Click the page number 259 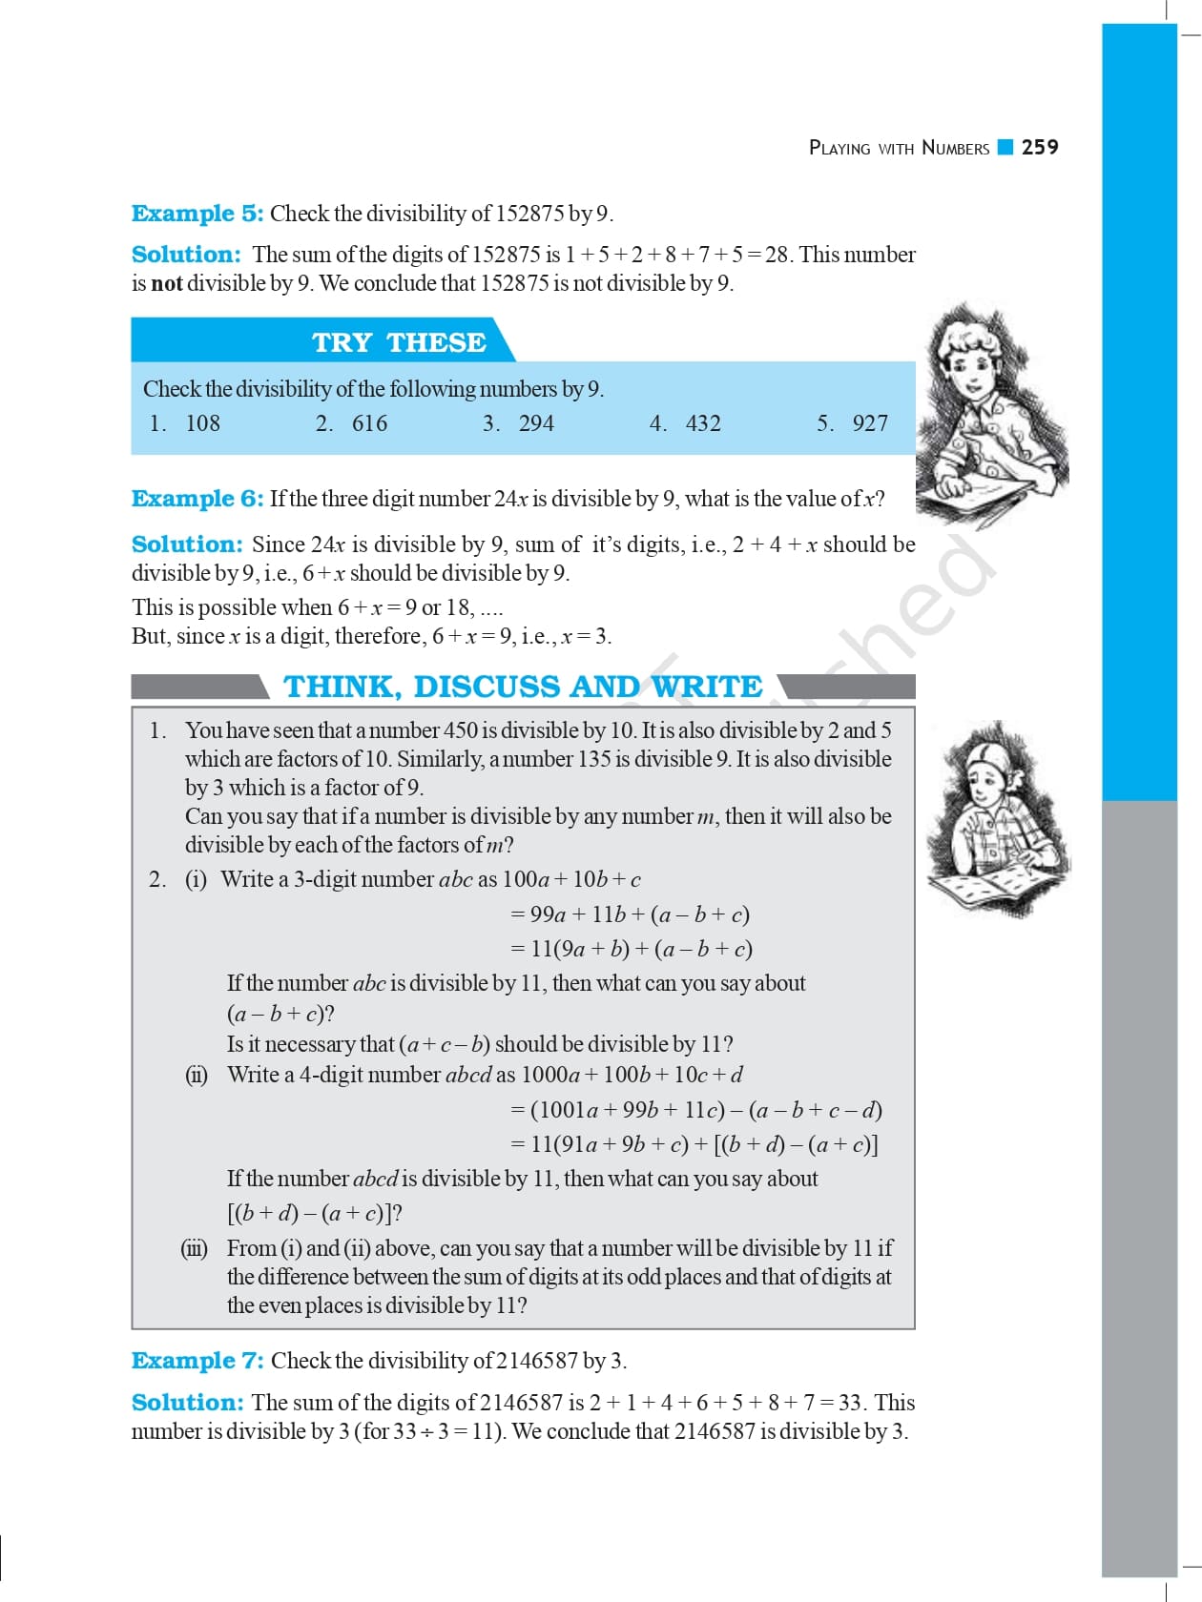pos(1040,147)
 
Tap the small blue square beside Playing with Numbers pos(1005,147)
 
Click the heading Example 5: pos(197,214)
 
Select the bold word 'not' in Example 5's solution pos(167,283)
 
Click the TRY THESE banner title pos(399,342)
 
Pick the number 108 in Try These pos(202,423)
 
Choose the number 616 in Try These pos(369,423)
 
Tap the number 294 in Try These pos(536,423)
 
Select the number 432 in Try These pos(703,423)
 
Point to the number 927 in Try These pos(870,423)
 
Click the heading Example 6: pos(197,499)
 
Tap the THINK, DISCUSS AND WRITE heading pos(523,687)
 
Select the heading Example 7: pos(197,1361)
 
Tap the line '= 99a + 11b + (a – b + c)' pos(630,914)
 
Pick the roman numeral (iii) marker pos(195,1248)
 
